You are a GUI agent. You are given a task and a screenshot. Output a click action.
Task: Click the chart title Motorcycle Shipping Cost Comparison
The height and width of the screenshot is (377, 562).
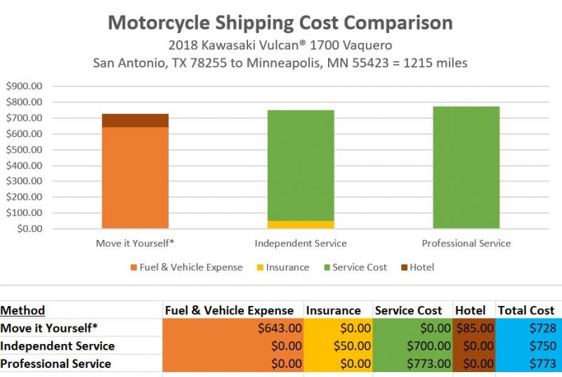pos(280,22)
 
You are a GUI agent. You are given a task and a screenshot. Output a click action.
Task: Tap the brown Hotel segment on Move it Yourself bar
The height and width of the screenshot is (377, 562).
pos(135,120)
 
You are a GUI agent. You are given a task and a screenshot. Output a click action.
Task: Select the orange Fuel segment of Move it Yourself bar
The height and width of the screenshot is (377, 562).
pos(135,177)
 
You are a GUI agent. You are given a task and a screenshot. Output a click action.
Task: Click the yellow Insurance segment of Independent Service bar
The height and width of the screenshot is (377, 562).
pos(301,224)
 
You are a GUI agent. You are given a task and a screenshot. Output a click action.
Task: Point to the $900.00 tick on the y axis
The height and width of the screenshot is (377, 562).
pos(25,87)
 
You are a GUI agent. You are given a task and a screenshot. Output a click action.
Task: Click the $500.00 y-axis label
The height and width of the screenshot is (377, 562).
pos(25,150)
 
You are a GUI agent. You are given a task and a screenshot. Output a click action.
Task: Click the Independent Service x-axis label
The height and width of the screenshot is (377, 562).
pos(301,243)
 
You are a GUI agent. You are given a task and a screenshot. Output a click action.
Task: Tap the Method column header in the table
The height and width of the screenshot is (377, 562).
pos(22,310)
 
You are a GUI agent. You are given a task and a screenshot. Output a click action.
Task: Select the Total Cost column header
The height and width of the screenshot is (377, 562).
pos(526,310)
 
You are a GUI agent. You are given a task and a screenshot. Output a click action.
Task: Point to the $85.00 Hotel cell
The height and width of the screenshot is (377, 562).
pos(474,328)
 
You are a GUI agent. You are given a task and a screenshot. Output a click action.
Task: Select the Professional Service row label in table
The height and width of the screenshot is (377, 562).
pos(56,364)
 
